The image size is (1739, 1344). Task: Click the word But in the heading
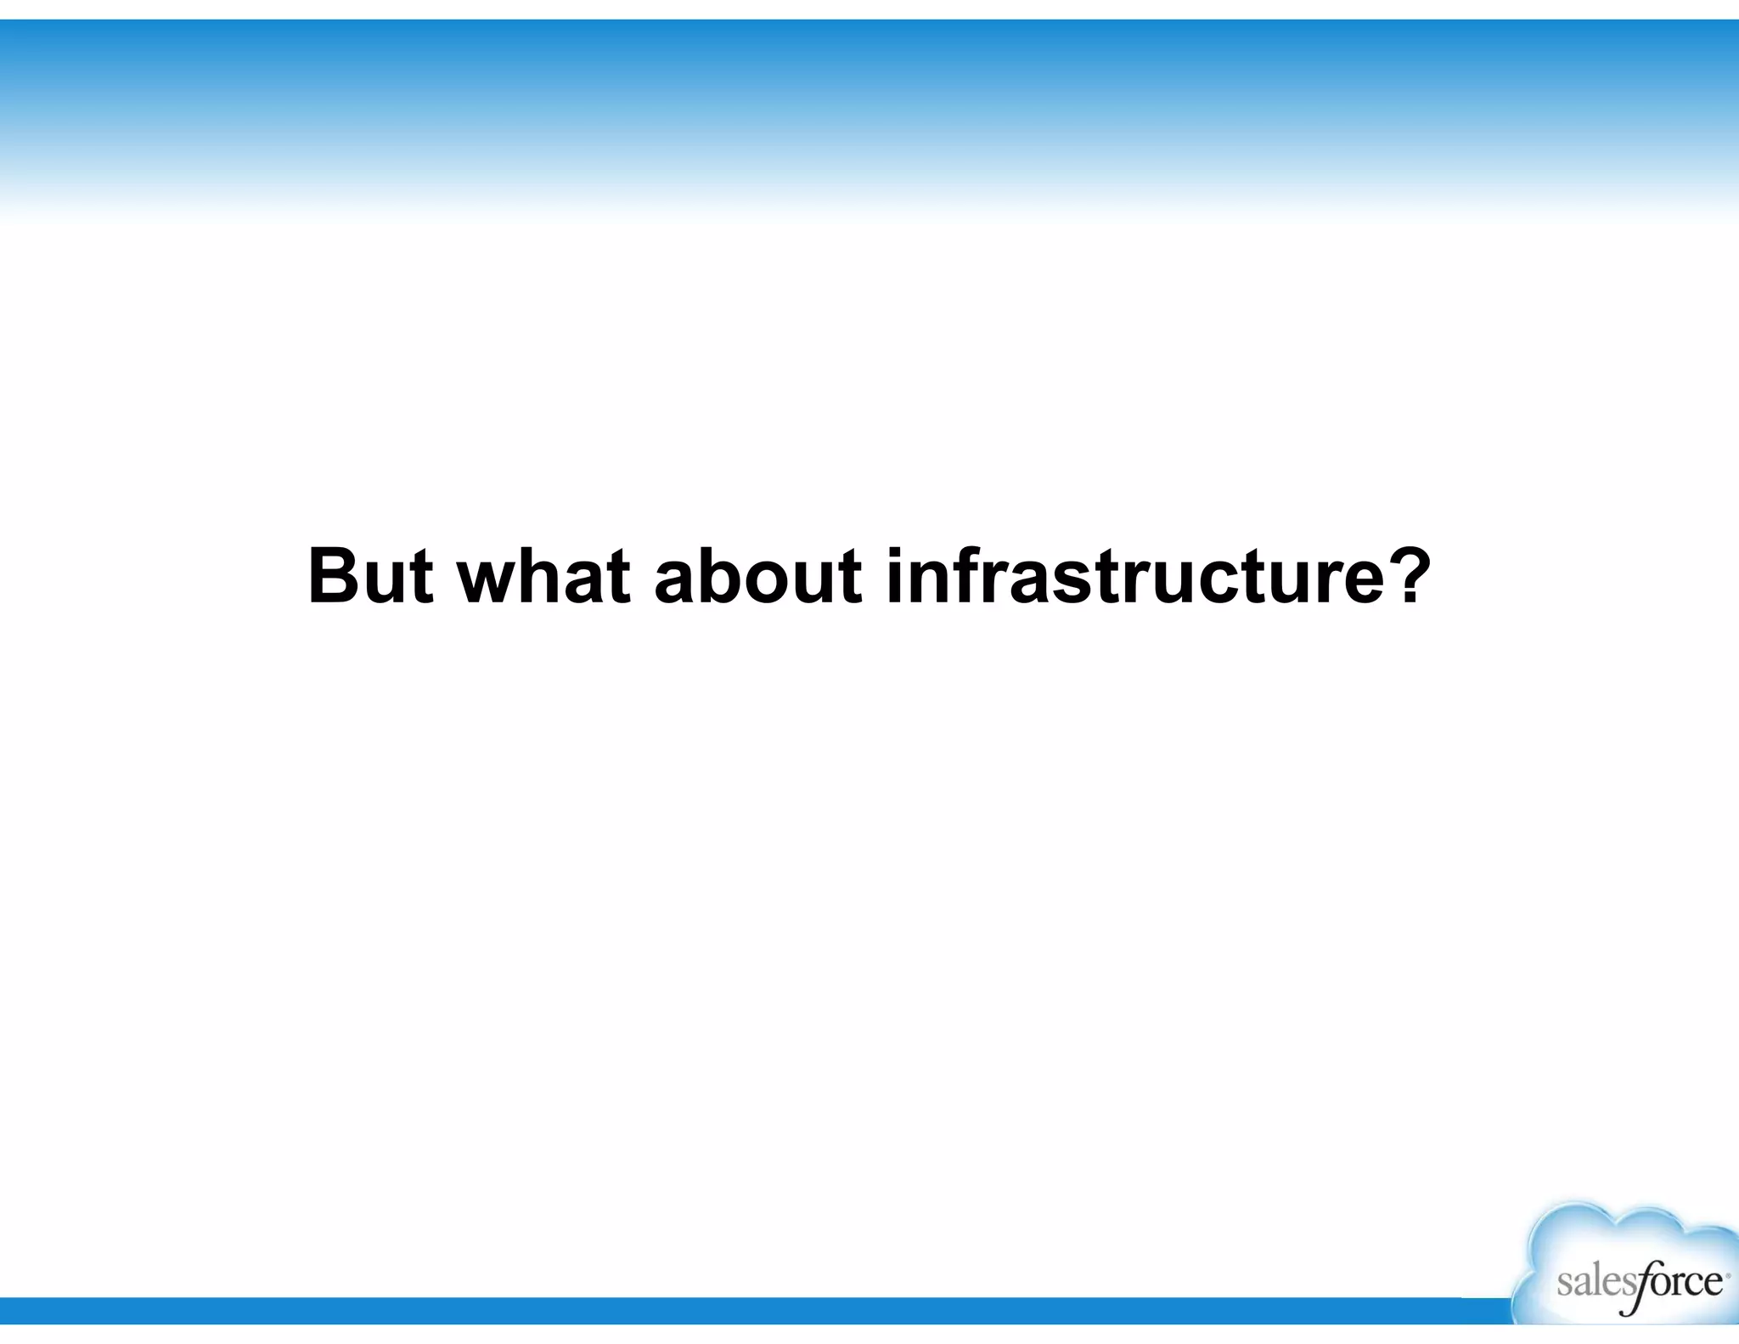[370, 577]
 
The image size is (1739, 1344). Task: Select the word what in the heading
[544, 577]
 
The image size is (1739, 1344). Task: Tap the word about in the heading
[758, 577]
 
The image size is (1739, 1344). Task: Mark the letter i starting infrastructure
[895, 577]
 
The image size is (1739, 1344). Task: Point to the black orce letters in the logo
[1685, 1282]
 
